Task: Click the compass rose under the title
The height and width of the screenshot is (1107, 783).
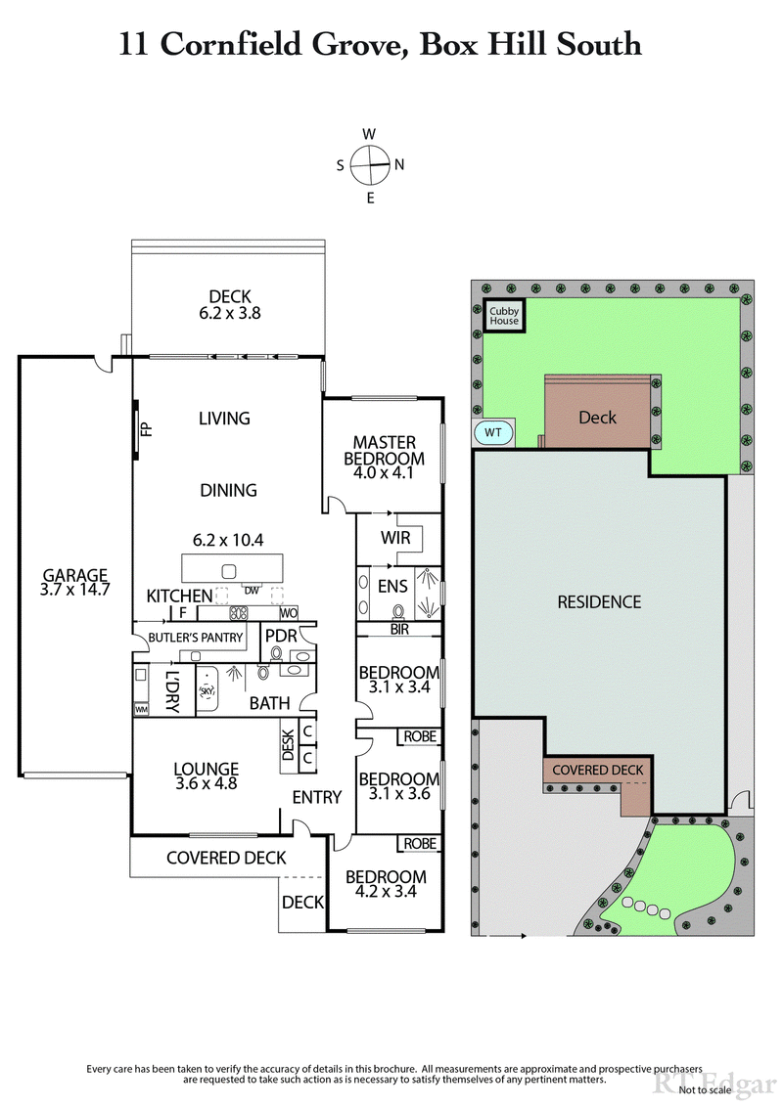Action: [370, 165]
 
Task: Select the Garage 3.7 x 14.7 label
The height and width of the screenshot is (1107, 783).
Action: [74, 583]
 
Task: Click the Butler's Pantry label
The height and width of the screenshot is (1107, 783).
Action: [196, 638]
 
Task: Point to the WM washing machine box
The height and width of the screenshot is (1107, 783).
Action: [142, 708]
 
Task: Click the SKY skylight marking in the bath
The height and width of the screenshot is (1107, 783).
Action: [207, 691]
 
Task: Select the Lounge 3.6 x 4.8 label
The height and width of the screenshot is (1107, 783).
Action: [207, 775]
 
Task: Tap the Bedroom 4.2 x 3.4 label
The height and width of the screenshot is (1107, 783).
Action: [386, 884]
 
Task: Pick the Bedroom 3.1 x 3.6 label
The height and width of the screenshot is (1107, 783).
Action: [398, 786]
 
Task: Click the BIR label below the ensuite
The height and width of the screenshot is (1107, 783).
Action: [397, 630]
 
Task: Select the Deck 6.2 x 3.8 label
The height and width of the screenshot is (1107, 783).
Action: [230, 305]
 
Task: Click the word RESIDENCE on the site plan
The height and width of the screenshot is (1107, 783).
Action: [599, 602]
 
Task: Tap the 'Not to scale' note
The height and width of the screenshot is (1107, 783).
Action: [704, 1089]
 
